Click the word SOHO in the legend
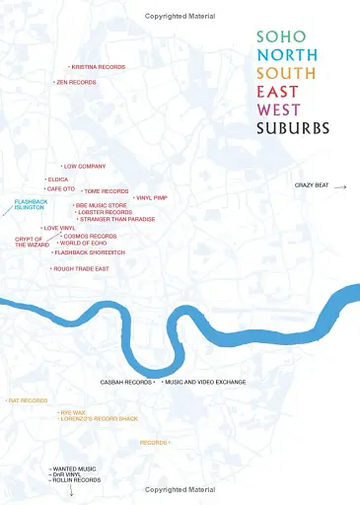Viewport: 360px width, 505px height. coord(274,36)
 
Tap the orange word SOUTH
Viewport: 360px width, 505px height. coord(285,73)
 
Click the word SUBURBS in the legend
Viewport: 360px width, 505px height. coord(292,128)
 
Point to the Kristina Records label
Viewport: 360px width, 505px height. coord(98,67)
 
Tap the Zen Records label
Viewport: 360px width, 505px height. coord(76,82)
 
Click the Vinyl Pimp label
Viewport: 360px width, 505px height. coord(152,198)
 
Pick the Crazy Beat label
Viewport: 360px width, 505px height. coord(312,185)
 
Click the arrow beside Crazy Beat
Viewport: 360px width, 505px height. coord(340,185)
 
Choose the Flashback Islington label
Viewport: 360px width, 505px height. coord(30,205)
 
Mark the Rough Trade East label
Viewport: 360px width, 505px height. coord(81,268)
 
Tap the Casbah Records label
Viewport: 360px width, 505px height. coord(126,382)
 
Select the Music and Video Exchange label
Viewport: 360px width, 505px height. coord(205,382)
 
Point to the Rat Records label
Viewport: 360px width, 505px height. coord(28,400)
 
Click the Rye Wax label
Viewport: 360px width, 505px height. coord(73,412)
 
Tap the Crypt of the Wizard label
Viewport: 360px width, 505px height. coord(32,242)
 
